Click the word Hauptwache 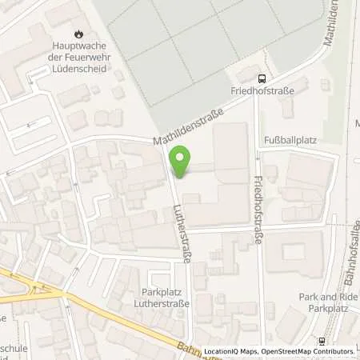pos(78,47)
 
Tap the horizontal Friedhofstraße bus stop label pos(261,91)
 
